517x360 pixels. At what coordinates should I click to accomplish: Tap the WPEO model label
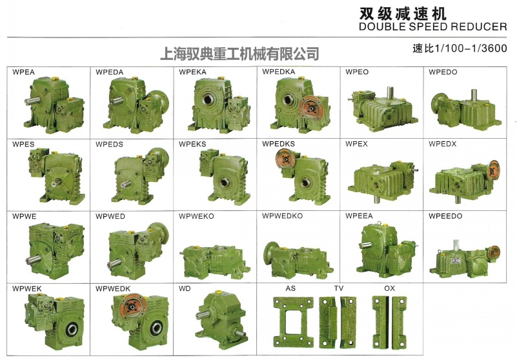[357, 72]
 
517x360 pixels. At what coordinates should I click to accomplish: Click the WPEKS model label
[192, 144]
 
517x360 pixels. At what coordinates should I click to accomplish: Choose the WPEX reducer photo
[380, 176]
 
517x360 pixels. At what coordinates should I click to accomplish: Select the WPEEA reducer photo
[381, 248]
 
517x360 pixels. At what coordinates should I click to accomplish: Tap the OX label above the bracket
[389, 288]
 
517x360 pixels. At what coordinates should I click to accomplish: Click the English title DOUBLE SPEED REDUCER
[432, 27]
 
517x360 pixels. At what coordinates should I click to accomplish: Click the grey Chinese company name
[239, 52]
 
